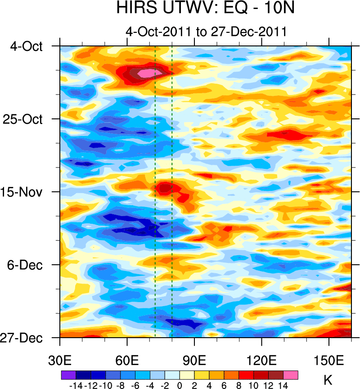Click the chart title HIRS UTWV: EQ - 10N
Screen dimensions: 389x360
205,9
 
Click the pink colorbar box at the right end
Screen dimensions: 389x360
291,374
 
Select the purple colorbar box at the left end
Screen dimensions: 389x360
68,374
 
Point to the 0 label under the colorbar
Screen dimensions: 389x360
180,385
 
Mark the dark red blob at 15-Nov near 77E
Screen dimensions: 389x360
165,186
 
